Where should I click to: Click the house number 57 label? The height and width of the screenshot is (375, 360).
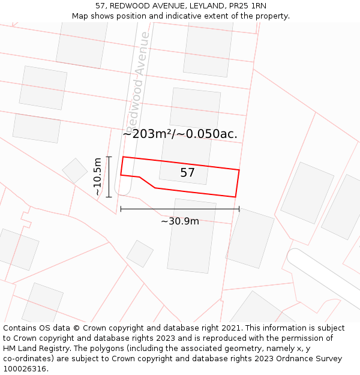tap(187, 173)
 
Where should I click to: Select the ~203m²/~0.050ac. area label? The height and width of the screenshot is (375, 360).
tap(180, 134)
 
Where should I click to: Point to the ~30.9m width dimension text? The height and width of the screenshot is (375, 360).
tap(180, 221)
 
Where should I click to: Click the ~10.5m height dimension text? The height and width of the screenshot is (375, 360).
tap(98, 176)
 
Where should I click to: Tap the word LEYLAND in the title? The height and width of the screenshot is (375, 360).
tap(205, 5)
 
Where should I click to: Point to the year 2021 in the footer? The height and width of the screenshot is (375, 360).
tap(230, 328)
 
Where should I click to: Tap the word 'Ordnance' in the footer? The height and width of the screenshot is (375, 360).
tap(295, 359)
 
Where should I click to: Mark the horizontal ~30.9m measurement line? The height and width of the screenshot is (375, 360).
tap(180, 209)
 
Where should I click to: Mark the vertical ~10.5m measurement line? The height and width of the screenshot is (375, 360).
tap(109, 176)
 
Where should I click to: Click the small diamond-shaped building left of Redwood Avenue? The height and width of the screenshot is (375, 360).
tap(75, 170)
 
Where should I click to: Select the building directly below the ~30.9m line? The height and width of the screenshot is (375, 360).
tap(191, 236)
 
